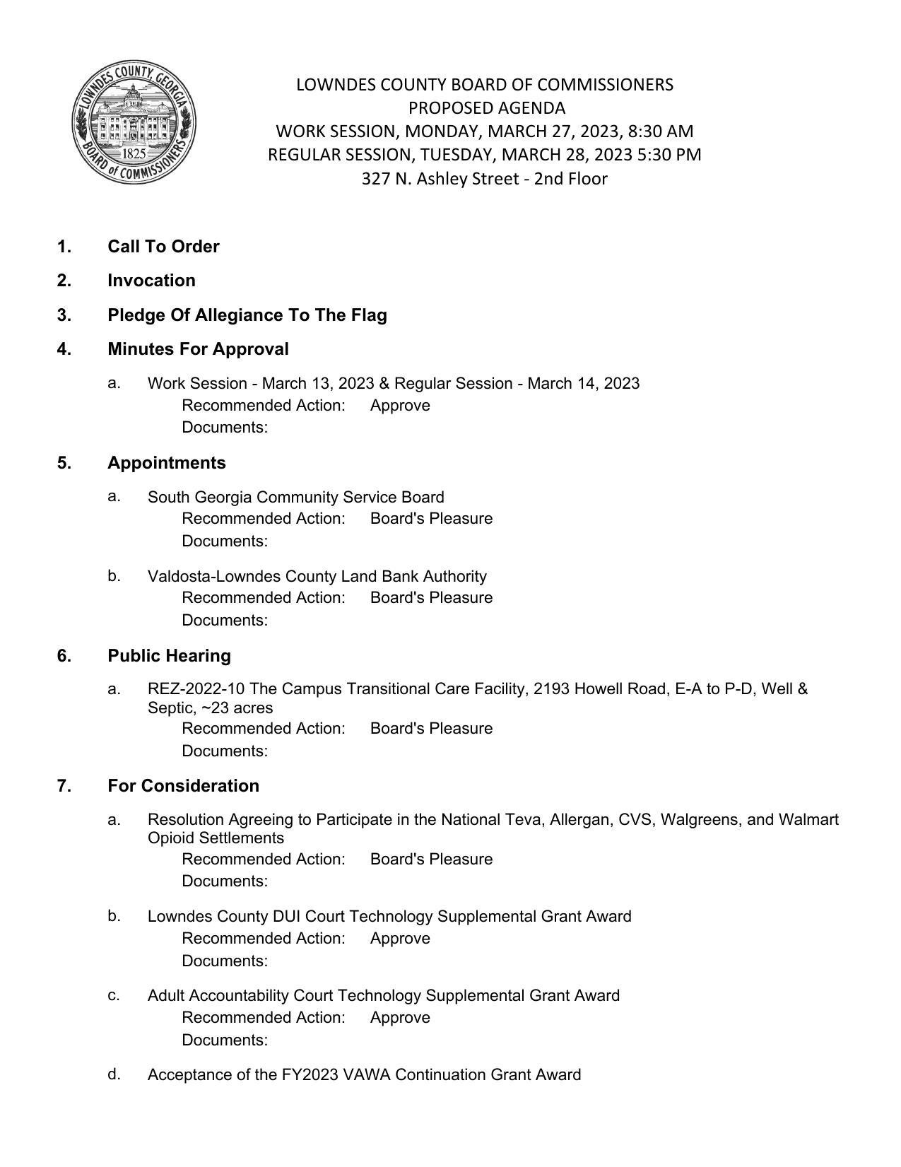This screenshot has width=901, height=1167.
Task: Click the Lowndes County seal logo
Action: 134,122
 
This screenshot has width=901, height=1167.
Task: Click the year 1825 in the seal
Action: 134,153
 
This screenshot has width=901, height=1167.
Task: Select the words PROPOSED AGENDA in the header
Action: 487,108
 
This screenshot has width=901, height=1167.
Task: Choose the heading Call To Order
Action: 163,247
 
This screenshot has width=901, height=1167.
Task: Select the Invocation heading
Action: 151,281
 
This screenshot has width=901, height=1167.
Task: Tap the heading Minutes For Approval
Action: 198,349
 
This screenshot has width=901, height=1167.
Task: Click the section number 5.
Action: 64,463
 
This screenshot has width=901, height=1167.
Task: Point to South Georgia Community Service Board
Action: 295,497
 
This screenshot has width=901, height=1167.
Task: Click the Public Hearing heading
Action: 169,656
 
